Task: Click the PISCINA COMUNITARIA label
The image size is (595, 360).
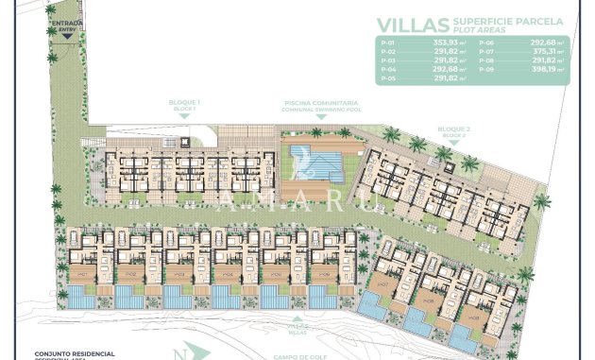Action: coord(319,103)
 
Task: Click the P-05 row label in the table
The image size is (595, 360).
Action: coord(386,78)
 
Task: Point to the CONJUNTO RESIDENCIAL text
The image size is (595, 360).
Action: coord(73,352)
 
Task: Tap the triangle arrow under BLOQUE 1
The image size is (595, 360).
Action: coord(184,117)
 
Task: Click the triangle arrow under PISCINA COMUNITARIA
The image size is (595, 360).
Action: coord(319,117)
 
